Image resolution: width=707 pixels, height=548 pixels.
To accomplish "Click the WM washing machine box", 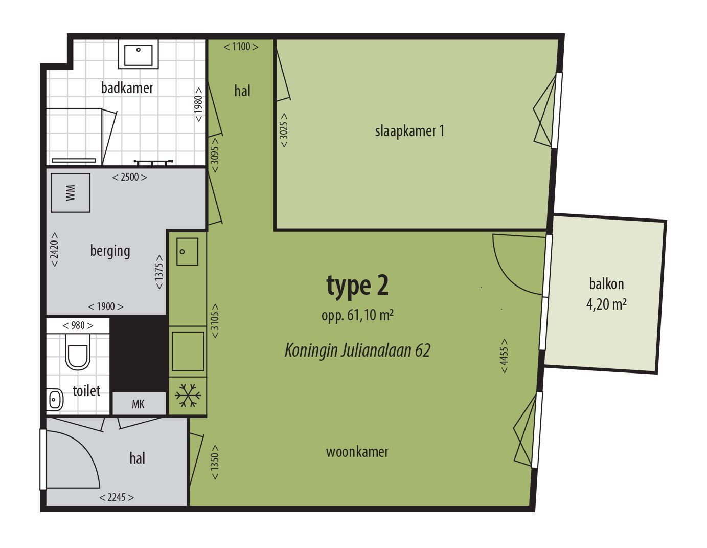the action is click(70, 193).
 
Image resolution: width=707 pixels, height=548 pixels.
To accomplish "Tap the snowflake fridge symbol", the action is click(188, 396).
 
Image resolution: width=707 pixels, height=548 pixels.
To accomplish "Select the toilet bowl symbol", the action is click(78, 353).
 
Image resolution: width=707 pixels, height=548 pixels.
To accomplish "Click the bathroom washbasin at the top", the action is click(138, 54).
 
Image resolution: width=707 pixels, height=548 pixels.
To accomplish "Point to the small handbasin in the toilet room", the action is click(55, 399).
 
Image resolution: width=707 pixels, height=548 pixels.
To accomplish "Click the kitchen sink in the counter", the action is click(188, 251).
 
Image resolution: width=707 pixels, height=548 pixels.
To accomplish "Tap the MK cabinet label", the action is click(138, 404).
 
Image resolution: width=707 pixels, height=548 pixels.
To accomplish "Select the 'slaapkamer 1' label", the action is click(409, 131).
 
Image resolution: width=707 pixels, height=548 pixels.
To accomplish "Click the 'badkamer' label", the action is click(127, 88).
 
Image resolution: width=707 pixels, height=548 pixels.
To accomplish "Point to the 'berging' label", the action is click(110, 251).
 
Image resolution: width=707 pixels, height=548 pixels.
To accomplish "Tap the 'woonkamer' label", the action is click(357, 452).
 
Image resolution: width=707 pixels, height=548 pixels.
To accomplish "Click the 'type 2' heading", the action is click(357, 286).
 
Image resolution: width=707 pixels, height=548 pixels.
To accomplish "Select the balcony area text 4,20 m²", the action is click(606, 304).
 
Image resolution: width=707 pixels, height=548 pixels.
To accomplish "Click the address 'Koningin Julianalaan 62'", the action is click(357, 350).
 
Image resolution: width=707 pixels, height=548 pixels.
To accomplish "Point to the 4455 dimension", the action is click(504, 356).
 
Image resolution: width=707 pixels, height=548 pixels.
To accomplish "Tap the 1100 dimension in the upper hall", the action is click(241, 47).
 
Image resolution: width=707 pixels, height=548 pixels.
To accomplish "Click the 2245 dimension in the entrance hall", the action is click(117, 497).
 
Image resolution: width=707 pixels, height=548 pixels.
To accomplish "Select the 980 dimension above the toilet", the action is click(78, 325).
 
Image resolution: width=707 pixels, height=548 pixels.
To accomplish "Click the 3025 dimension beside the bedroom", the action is click(284, 130).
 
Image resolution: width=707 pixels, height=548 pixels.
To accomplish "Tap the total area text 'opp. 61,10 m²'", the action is click(357, 316).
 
